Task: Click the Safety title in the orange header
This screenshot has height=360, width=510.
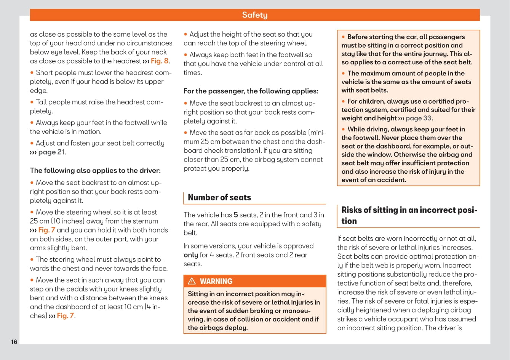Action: point(255,15)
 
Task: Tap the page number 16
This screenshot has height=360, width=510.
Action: point(14,342)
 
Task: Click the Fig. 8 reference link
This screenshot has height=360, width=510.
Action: point(160,61)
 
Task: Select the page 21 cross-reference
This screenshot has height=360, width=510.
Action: point(51,152)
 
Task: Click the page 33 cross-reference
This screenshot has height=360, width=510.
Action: point(419,118)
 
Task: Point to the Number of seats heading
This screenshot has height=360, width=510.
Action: point(219,197)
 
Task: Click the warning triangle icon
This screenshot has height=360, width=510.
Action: point(192,281)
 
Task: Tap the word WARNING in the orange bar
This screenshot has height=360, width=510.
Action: point(216,281)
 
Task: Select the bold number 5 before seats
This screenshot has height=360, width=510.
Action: point(236,215)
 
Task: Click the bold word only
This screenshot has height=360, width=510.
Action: point(191,255)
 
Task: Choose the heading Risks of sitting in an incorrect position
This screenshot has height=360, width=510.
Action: point(409,215)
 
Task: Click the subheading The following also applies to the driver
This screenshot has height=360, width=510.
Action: point(95,170)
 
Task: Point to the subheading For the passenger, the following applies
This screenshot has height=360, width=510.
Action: point(251,91)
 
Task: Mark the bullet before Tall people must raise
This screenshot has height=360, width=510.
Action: point(32,102)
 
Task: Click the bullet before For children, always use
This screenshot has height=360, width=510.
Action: point(344,101)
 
